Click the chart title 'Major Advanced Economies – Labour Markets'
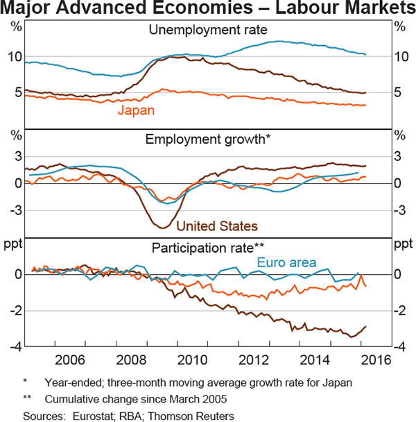click(208, 9)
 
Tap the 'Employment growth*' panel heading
click(208, 139)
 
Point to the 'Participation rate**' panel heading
click(208, 247)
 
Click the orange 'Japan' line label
click(135, 110)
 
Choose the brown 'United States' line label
click(217, 226)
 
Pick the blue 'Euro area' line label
click(287, 262)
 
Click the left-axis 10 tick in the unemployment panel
click(14, 56)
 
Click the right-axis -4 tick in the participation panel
click(399, 346)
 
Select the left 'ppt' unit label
click(14, 244)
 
